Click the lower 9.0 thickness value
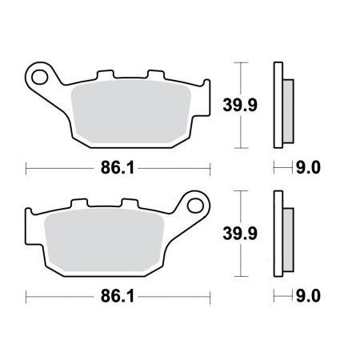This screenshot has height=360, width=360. tap(308, 296)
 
